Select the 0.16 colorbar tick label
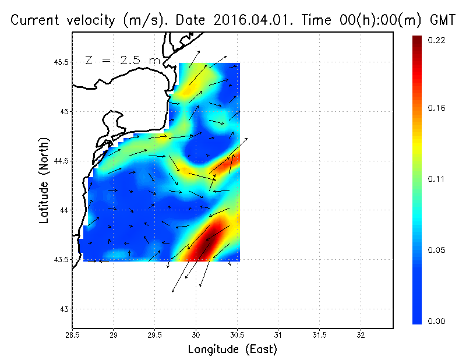(x=437, y=108)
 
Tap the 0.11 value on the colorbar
(x=437, y=179)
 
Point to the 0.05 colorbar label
(x=437, y=250)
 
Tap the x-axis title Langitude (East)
(x=232, y=350)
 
